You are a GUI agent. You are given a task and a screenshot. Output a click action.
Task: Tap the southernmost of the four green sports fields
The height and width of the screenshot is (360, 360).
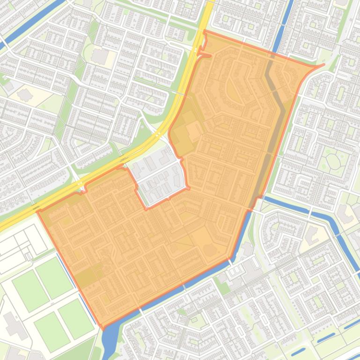point(52,331)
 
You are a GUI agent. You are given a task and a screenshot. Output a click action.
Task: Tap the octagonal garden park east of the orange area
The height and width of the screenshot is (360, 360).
point(333,161)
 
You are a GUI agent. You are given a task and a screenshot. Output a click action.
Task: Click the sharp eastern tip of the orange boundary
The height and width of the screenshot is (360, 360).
point(323,65)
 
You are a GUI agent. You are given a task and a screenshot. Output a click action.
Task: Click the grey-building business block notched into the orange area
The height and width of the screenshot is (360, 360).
point(159,175)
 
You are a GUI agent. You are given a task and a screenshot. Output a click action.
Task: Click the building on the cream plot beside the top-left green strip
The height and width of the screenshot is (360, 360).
point(100,56)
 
